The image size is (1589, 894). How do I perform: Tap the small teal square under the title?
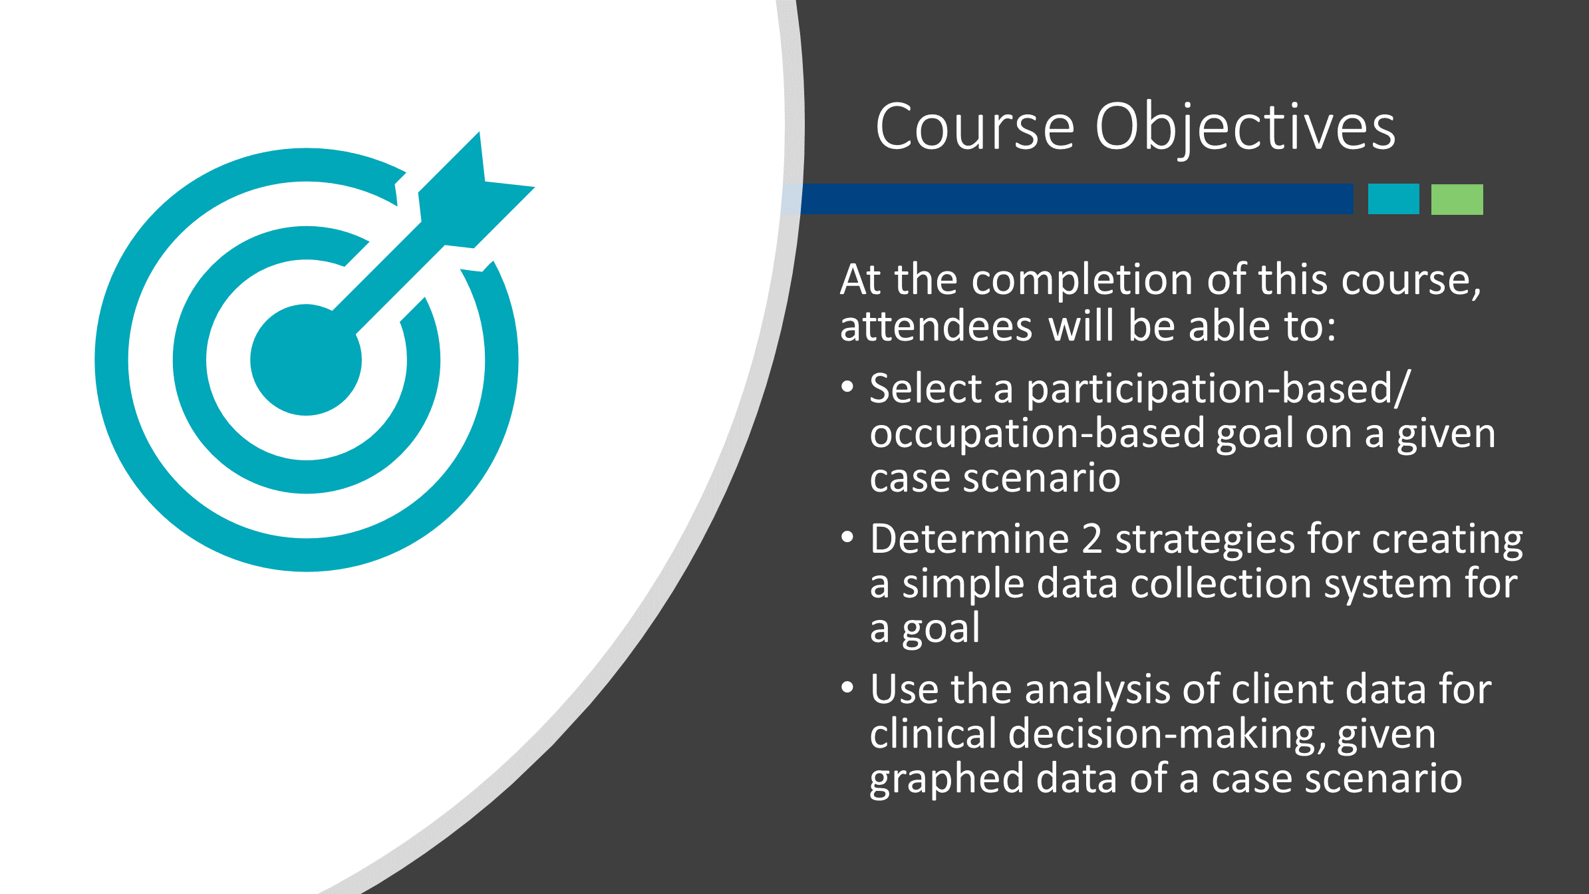pos(1393,199)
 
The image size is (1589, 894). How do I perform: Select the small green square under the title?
pos(1457,199)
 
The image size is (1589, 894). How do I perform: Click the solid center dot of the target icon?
pos(306,360)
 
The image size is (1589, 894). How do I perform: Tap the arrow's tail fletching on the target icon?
pos(476,190)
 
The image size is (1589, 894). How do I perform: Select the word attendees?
pos(936,327)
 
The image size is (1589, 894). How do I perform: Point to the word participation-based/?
pos(1218,390)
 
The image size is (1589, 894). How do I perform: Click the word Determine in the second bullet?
pos(969,539)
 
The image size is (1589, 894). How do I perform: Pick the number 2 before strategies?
pos(1092,539)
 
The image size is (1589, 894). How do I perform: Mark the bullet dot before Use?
pos(847,688)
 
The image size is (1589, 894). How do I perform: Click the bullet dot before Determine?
pos(847,537)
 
